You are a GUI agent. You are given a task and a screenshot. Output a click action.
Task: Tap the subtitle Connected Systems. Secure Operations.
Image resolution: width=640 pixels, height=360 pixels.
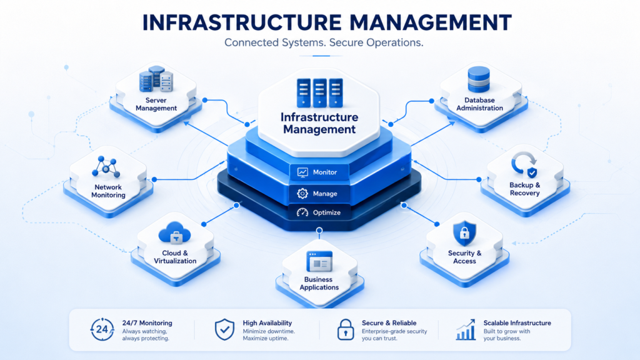(324, 42)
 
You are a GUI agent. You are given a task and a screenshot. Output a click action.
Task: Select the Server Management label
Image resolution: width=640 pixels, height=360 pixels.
(156, 104)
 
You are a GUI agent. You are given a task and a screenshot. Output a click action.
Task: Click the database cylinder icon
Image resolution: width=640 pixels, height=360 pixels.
(478, 79)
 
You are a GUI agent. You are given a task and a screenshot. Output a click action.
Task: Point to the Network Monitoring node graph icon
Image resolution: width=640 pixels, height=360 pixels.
(106, 166)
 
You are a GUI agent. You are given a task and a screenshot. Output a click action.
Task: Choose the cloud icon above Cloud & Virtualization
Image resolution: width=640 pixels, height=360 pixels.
(175, 232)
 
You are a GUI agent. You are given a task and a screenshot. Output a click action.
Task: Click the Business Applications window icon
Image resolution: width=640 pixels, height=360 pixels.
(319, 261)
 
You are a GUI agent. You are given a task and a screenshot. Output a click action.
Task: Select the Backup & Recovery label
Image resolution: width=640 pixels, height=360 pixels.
(524, 189)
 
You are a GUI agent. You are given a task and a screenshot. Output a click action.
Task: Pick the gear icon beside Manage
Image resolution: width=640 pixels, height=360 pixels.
(302, 194)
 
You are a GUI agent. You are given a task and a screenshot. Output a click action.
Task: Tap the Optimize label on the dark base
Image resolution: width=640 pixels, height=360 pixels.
(326, 212)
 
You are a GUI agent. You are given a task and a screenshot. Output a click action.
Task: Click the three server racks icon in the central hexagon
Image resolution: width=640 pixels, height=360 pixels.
(319, 92)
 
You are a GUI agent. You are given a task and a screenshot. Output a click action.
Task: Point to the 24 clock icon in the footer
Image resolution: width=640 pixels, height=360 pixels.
(102, 329)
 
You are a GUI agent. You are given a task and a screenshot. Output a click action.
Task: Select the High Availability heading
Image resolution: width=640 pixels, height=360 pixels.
(267, 323)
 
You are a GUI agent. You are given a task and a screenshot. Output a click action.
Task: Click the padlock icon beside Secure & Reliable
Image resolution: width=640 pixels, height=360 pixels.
(345, 329)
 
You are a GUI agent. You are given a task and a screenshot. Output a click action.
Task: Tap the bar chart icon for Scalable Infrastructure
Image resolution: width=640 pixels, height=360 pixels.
(466, 330)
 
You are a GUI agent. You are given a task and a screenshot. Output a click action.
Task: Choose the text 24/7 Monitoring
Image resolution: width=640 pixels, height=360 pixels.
(147, 323)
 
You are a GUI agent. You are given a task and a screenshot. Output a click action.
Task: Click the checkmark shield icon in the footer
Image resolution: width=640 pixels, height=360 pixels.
(224, 330)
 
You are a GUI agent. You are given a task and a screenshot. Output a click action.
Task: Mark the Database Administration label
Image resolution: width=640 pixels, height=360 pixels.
(479, 104)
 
